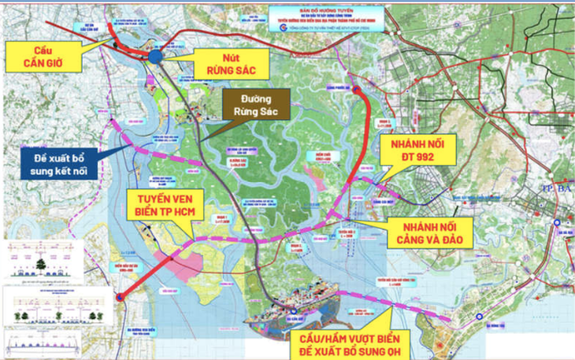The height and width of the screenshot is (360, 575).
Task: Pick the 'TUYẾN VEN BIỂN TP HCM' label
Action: pos(161,206)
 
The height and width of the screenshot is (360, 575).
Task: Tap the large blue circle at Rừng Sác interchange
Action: pos(158,56)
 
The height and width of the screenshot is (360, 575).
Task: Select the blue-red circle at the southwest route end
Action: pos(120,297)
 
